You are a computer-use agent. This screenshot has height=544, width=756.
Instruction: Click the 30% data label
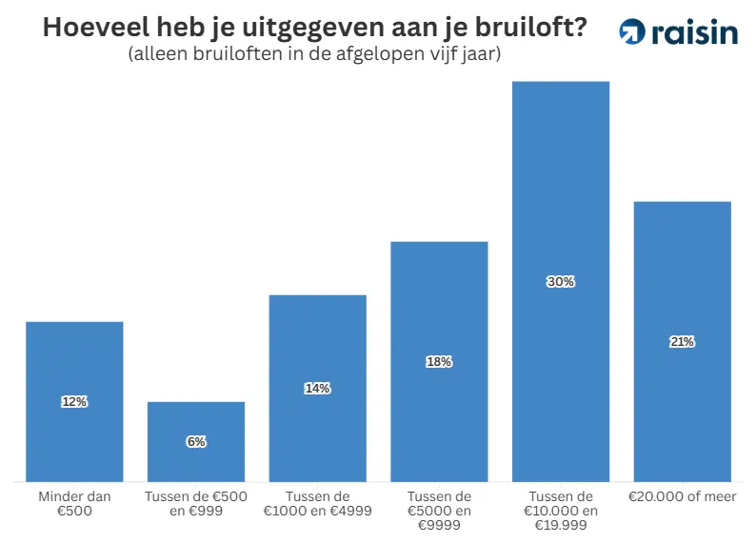click(x=560, y=282)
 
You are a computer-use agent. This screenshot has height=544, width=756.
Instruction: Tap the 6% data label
click(x=196, y=442)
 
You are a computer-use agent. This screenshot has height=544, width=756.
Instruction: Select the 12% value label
click(x=74, y=402)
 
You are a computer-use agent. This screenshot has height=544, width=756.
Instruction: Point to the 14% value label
click(x=317, y=388)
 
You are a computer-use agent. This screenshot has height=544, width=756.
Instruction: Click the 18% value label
click(x=439, y=362)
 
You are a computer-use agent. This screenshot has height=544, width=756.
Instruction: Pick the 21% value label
click(x=682, y=342)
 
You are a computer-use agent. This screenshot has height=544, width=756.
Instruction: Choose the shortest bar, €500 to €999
click(x=196, y=462)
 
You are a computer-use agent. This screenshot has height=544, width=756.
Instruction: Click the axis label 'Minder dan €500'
click(x=74, y=503)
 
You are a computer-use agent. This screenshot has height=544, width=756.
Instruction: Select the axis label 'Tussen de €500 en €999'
click(x=196, y=503)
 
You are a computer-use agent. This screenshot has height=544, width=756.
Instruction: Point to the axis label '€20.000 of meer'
click(x=682, y=496)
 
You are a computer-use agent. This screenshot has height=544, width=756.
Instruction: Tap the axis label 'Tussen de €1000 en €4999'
click(x=317, y=503)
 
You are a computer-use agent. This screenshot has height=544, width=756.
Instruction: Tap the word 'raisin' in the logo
click(x=695, y=31)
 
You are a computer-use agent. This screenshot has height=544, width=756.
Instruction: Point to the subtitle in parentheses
click(x=314, y=55)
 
